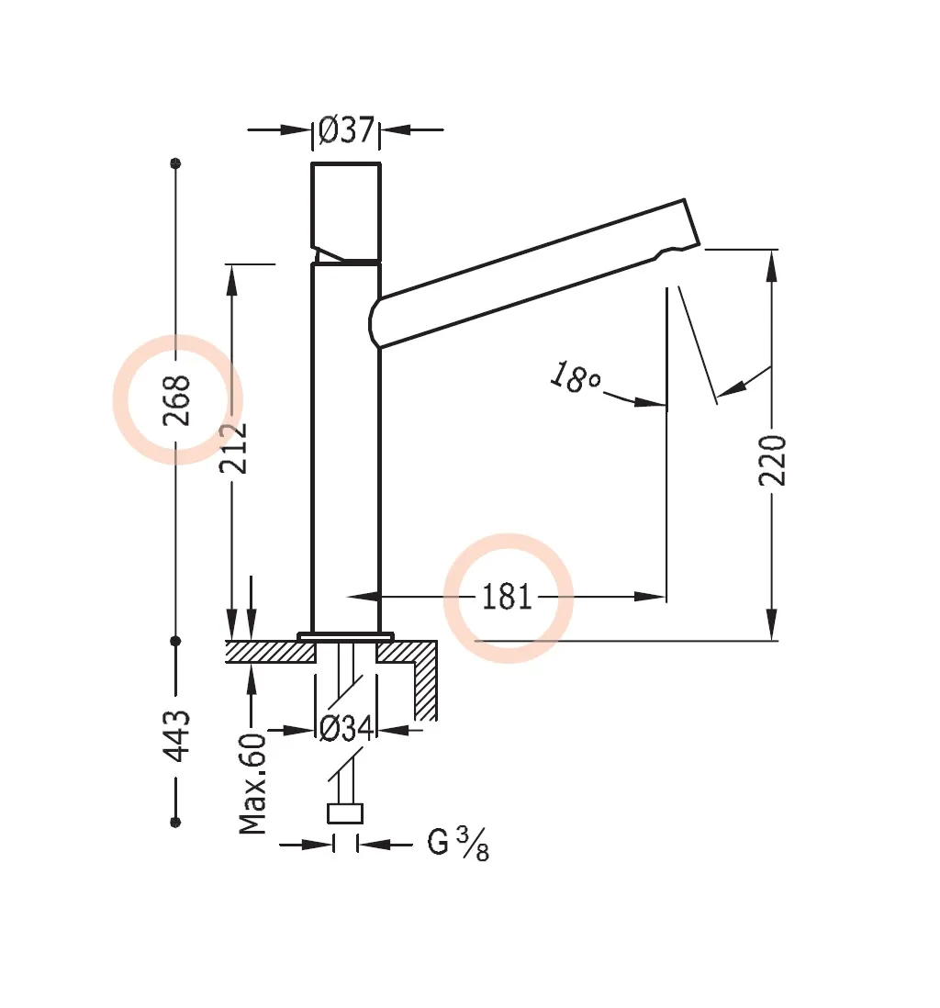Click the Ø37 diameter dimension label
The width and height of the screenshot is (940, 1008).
(x=346, y=130)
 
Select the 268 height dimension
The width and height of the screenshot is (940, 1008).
(x=177, y=400)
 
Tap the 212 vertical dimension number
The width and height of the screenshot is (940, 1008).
(x=234, y=447)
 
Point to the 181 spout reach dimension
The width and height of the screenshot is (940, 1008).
(x=508, y=598)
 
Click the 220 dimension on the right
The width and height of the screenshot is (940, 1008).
(x=773, y=461)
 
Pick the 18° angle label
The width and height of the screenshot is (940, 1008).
(x=575, y=377)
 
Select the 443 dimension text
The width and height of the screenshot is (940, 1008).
(x=177, y=734)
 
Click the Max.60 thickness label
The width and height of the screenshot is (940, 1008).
(x=253, y=783)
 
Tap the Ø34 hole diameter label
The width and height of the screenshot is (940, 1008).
(x=346, y=730)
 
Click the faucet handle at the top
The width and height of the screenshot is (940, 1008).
(x=346, y=211)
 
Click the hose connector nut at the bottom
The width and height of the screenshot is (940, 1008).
(x=346, y=813)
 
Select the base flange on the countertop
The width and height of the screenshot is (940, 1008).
(x=346, y=635)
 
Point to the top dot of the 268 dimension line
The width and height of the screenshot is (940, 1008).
(x=176, y=163)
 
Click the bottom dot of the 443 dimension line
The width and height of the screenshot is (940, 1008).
(x=176, y=821)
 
